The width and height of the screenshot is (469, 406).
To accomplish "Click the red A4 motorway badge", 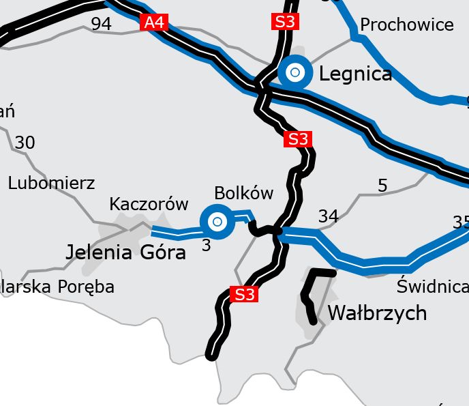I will [154, 23].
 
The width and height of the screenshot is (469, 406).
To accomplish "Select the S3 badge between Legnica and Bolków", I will [298, 139].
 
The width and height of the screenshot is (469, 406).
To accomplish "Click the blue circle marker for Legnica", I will [295, 72].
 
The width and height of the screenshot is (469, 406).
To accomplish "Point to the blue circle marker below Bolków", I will [217, 221].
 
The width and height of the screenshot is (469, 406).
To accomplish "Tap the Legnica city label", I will [355, 73].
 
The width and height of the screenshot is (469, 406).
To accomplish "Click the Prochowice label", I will [406, 25].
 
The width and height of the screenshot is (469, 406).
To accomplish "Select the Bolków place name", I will [243, 192].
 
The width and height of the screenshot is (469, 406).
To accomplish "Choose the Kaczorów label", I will [148, 204].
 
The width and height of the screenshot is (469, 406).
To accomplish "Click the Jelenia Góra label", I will [125, 252].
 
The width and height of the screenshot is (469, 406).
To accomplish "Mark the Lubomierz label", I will [51, 183].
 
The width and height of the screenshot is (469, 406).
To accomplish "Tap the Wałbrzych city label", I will [377, 313].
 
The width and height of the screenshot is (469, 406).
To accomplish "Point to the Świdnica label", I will [432, 286].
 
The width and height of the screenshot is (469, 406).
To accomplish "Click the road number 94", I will [101, 25].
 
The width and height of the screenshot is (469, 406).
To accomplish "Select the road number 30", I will [25, 143].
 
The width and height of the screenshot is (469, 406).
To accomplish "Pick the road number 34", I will [328, 216].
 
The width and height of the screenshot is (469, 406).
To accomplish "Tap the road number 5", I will [382, 185].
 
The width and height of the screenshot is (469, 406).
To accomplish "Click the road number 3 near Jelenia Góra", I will [207, 244].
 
